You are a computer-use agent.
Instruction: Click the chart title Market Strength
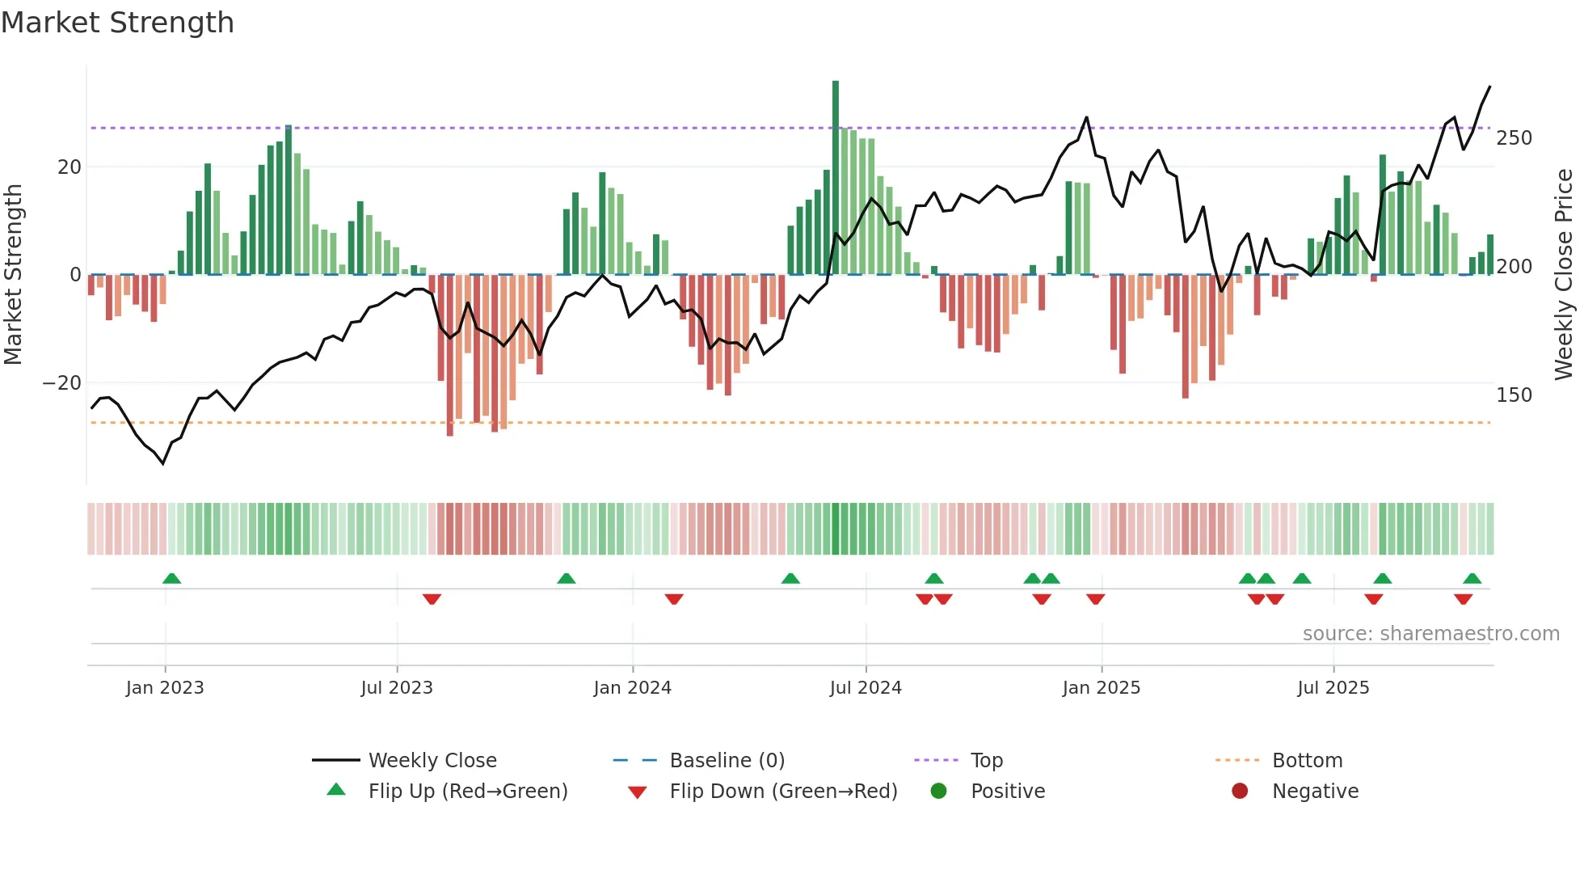(117, 23)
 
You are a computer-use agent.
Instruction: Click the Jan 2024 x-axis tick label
(632, 688)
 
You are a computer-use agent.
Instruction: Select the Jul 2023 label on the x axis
(397, 688)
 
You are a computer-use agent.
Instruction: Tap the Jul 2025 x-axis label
(1333, 688)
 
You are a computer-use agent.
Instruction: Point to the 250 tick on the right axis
(1514, 138)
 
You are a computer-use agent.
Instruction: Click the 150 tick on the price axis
(1514, 395)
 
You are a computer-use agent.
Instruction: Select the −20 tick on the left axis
(62, 383)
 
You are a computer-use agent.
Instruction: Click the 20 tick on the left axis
(70, 167)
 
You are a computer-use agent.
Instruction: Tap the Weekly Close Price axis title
(1564, 275)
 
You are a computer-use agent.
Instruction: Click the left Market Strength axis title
(14, 275)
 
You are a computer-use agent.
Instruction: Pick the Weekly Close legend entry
(432, 761)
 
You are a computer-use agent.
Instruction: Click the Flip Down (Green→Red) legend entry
(782, 792)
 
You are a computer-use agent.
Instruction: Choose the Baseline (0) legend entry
(727, 761)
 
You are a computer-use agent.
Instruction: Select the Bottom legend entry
(1307, 761)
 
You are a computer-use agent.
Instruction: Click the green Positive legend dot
(938, 792)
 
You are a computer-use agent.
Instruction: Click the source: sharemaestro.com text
(1430, 634)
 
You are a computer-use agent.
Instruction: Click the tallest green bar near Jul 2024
(836, 178)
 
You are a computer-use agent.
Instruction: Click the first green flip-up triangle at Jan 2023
(171, 578)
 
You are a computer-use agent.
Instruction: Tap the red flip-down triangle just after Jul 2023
(432, 599)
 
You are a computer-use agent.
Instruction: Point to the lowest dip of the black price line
(163, 463)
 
